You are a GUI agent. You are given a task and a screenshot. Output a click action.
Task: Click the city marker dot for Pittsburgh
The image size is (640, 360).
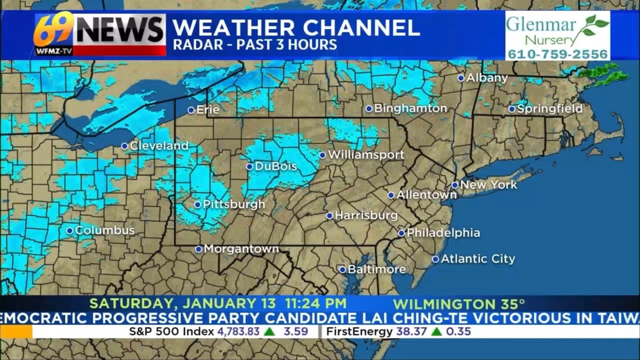[x=197, y=204]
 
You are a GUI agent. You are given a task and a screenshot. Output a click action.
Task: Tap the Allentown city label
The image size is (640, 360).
[x=426, y=195]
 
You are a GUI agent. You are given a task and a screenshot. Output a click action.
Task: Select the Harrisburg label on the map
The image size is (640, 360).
[x=366, y=216]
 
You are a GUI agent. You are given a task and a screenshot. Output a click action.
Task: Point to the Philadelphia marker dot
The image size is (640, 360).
[x=401, y=233]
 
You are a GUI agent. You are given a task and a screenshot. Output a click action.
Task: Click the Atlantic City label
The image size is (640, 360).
[x=477, y=259]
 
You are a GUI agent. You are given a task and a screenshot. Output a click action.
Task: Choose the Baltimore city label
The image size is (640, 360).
[x=376, y=269]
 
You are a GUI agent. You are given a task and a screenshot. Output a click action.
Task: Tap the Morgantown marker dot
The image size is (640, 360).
[x=198, y=249]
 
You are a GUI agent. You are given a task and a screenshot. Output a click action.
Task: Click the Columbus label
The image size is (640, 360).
[x=105, y=230]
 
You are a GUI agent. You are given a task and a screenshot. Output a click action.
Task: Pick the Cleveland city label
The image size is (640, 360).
[x=159, y=146]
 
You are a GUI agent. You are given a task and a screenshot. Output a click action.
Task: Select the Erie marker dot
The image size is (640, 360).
[x=191, y=110]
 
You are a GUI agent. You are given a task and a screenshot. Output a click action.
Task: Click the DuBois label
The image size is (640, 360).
[x=276, y=166]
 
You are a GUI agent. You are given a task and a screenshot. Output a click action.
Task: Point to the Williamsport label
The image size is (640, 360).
[x=366, y=155]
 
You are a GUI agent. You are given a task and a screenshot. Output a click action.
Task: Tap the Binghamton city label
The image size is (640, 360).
[x=410, y=108]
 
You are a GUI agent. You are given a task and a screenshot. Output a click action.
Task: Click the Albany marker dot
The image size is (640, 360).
[x=460, y=78]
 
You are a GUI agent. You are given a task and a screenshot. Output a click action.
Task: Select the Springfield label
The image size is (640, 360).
[x=550, y=108]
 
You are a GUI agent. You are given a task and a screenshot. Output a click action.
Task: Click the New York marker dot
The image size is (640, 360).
[x=455, y=185]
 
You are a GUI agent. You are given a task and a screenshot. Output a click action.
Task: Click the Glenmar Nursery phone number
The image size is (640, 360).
[x=558, y=54]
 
